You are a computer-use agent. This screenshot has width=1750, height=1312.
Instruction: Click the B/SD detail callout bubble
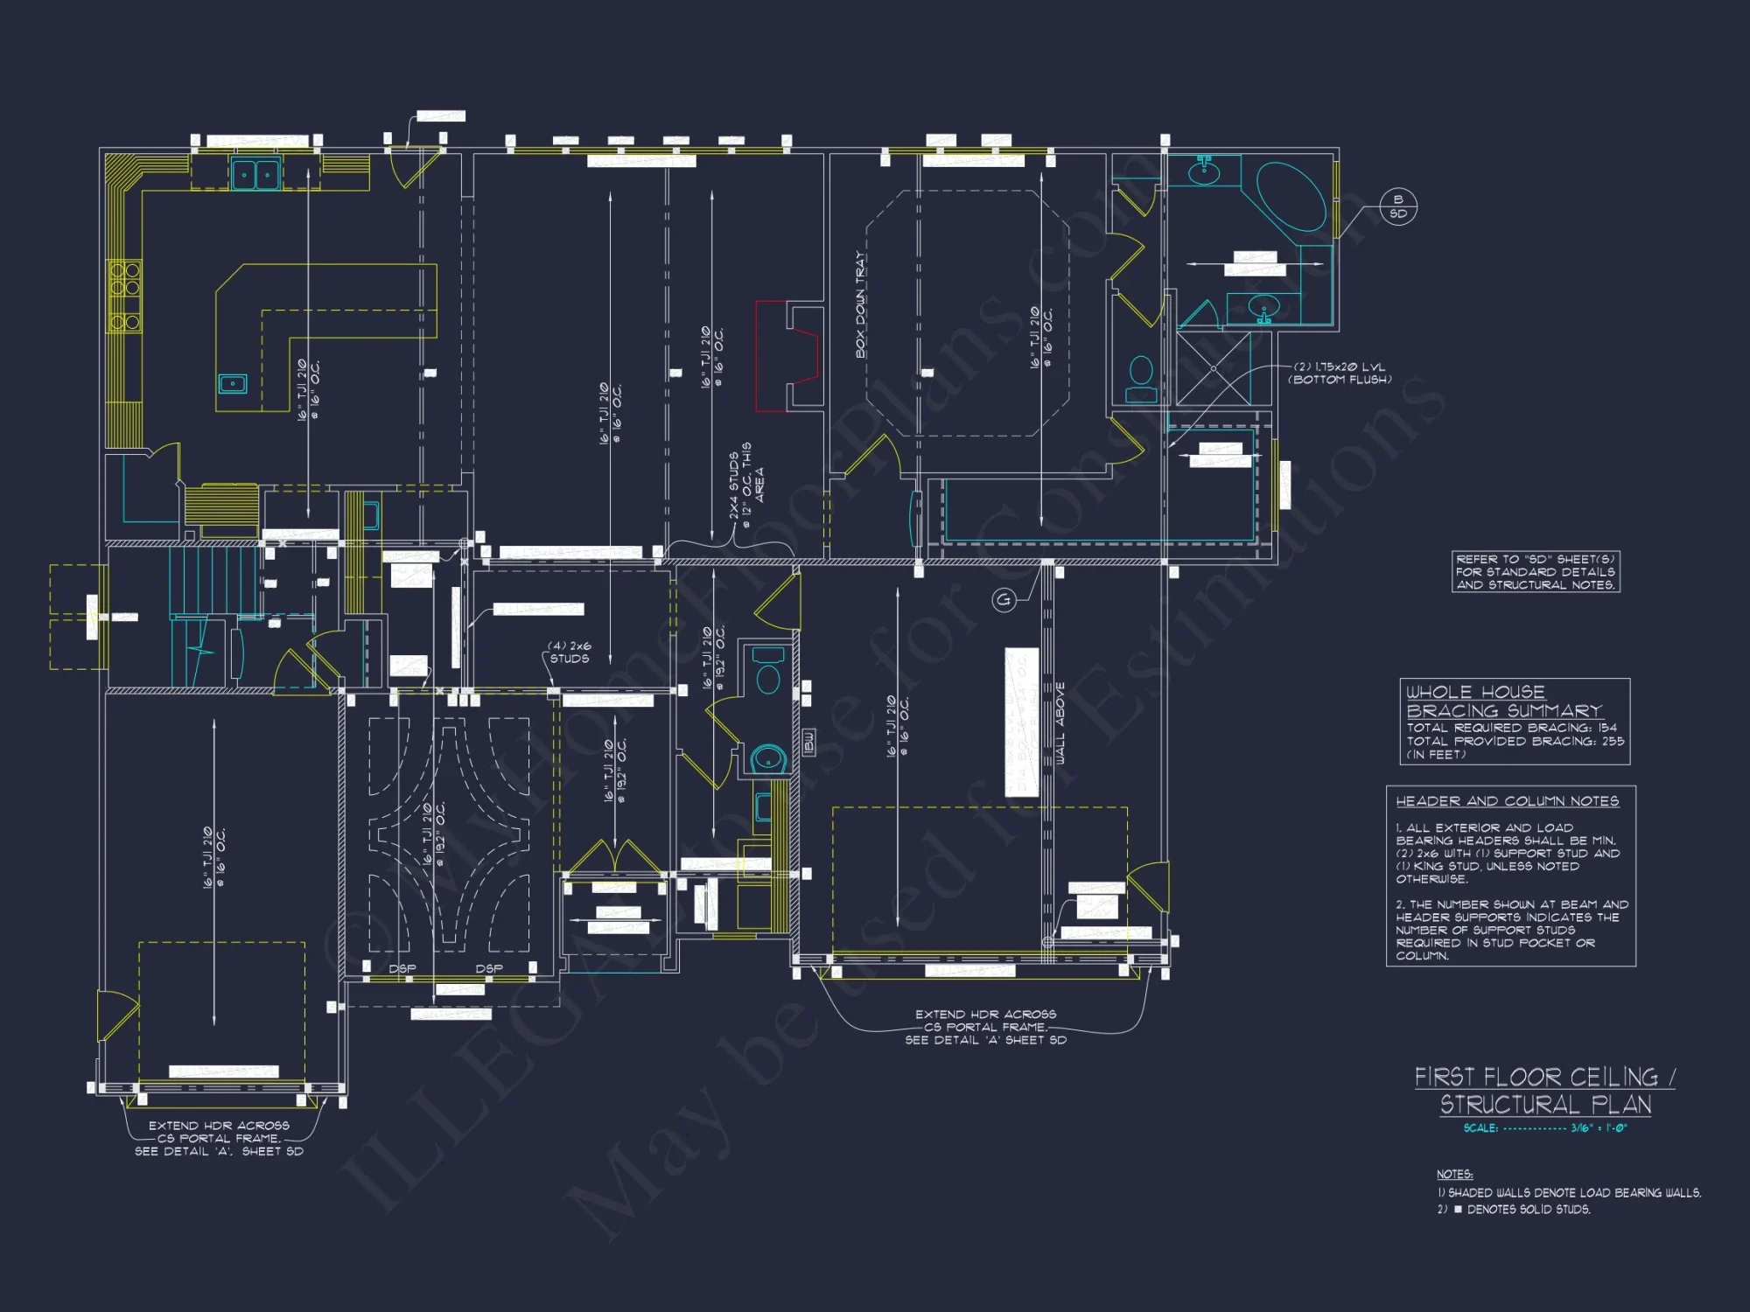(x=1397, y=207)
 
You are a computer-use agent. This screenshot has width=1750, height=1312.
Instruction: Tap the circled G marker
(x=1004, y=600)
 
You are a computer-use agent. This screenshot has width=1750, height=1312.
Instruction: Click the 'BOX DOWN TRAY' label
(x=860, y=305)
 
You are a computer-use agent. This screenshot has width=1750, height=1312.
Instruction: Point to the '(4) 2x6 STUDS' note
(x=570, y=653)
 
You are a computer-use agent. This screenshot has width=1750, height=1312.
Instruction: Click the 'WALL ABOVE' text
(x=1060, y=724)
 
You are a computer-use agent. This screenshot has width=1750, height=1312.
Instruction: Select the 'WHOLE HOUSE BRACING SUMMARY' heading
(x=1503, y=701)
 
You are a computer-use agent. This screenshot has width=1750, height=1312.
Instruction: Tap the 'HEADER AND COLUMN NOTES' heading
(x=1507, y=801)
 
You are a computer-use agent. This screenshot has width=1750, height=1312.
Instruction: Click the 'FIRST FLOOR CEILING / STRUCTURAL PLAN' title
(x=1544, y=1090)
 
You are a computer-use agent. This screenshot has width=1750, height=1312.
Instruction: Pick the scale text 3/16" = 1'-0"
(x=1598, y=1128)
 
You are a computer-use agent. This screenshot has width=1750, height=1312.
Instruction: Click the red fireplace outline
(x=786, y=355)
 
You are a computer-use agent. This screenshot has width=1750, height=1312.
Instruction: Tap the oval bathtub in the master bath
(x=1291, y=197)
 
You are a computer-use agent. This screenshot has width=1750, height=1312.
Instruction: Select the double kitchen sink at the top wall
(x=255, y=174)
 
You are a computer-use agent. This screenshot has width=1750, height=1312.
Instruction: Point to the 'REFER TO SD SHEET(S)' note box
(x=1536, y=572)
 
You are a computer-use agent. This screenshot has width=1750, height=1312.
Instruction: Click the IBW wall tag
(x=808, y=743)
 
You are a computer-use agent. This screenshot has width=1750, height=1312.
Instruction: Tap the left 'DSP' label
(x=402, y=969)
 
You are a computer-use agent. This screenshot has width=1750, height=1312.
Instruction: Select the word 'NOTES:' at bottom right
(x=1454, y=1175)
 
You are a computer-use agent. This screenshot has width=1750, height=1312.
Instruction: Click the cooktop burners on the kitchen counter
(x=124, y=296)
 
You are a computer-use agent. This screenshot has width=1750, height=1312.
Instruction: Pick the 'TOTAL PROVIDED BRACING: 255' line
(x=1515, y=741)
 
